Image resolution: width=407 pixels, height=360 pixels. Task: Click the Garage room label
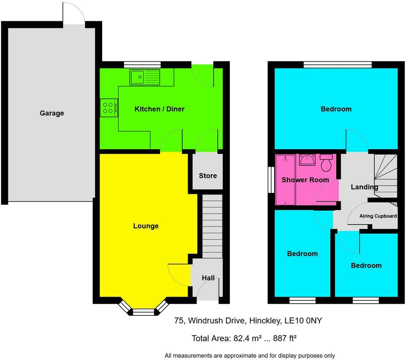click(x=52, y=113)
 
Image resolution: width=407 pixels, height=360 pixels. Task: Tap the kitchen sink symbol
click(x=144, y=77)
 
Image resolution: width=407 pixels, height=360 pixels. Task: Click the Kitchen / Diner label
click(x=159, y=109)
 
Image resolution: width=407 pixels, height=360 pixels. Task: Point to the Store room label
click(x=208, y=176)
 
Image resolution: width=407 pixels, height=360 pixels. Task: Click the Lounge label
click(x=146, y=226)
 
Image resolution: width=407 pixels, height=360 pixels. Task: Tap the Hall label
click(x=208, y=277)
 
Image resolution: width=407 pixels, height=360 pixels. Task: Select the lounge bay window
click(x=143, y=309)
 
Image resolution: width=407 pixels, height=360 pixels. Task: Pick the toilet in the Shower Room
click(x=326, y=164)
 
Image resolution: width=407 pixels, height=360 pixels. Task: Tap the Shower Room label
click(x=305, y=180)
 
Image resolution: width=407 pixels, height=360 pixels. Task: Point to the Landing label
click(x=364, y=187)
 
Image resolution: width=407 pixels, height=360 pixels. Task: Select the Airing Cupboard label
click(x=378, y=216)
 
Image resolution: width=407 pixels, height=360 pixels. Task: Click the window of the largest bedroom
click(x=338, y=65)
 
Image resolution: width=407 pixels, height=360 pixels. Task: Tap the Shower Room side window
click(x=271, y=180)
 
